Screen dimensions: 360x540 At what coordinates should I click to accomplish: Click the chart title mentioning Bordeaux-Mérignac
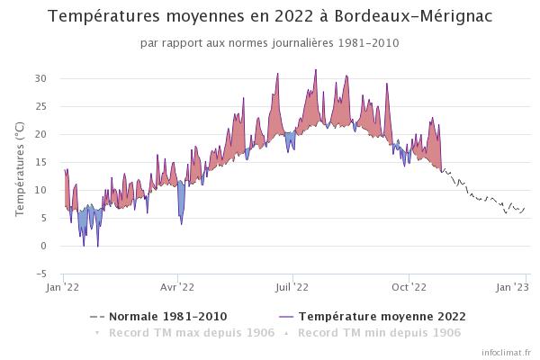coord(269,16)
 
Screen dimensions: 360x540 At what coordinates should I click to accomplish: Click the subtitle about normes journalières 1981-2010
coord(269,42)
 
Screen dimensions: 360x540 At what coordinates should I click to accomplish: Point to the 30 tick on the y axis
coord(40,78)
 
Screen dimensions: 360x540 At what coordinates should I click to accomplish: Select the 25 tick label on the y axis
coord(40,106)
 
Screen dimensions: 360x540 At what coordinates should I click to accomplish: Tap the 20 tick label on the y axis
coord(40,134)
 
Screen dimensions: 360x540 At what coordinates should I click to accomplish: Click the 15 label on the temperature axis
coord(40,162)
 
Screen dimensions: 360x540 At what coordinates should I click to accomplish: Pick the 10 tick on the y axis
coord(40,190)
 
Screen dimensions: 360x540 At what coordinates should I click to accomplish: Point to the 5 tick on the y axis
coord(43,218)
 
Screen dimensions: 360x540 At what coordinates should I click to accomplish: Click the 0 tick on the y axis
coord(43,246)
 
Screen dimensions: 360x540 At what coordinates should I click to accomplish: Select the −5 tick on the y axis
coord(40,274)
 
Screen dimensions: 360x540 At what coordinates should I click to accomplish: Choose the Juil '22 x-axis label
coord(292,288)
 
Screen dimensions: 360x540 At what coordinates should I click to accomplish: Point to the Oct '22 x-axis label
coord(409,288)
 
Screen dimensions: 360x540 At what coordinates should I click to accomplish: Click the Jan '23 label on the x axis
coord(514,288)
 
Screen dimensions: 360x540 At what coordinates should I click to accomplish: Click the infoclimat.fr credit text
coord(508,353)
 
